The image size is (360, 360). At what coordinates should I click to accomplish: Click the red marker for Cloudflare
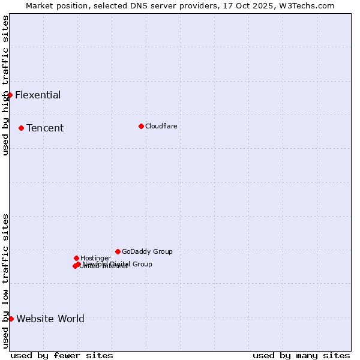tap(141, 126)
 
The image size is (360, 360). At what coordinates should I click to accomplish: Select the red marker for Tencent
tap(21, 128)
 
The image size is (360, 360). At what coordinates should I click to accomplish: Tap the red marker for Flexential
tap(10, 95)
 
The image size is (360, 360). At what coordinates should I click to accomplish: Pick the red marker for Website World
tap(11, 319)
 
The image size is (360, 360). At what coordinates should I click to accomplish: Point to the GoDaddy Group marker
tap(118, 251)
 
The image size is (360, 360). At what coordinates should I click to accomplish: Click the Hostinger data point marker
tap(76, 258)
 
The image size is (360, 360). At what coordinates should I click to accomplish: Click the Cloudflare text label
tap(161, 126)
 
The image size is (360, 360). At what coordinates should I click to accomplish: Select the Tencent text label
tap(45, 128)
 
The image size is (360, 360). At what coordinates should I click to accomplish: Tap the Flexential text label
tap(38, 95)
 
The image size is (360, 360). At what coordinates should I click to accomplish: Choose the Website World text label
tap(50, 319)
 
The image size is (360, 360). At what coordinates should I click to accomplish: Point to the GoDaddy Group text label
tap(147, 251)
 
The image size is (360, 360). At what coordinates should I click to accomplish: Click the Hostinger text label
tap(95, 258)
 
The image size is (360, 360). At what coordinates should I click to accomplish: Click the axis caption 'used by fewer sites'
tap(62, 355)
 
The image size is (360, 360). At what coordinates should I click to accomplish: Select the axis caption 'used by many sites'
tap(301, 355)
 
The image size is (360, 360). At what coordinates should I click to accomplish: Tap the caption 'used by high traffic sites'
tap(5, 85)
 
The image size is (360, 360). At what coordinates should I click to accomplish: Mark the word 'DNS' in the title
tap(135, 5)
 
